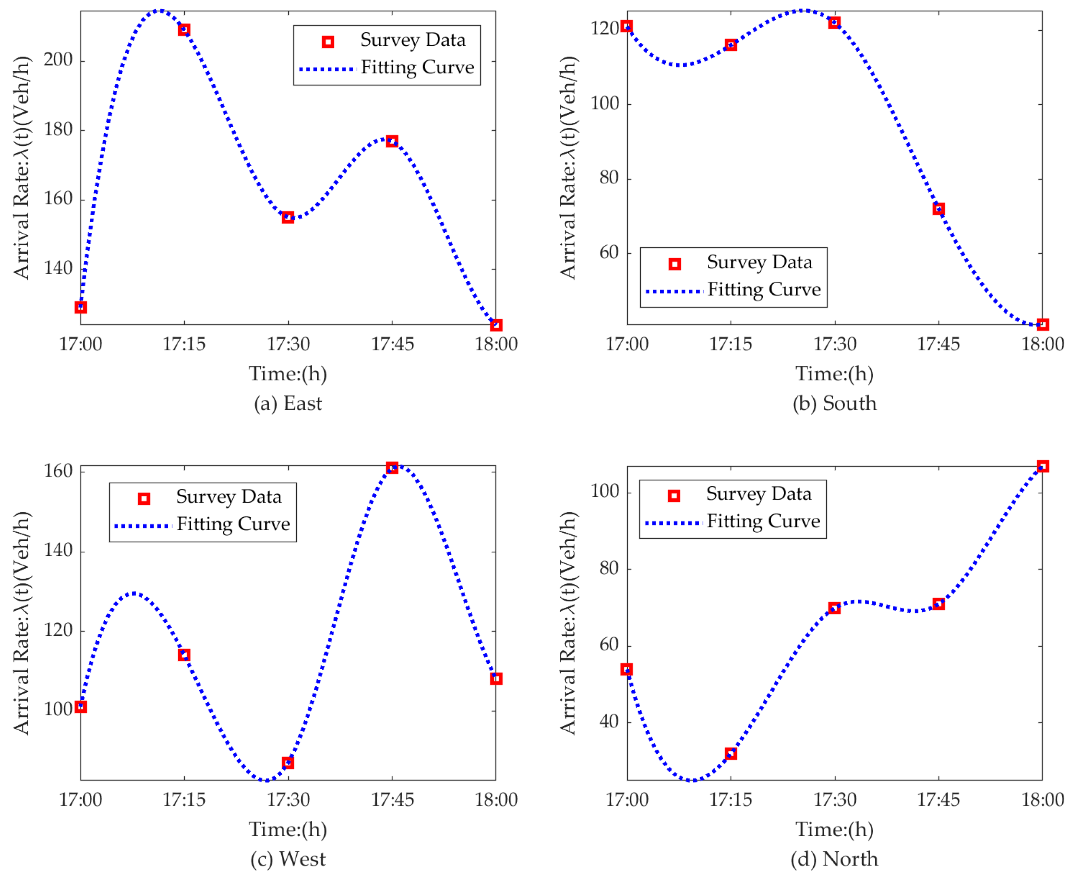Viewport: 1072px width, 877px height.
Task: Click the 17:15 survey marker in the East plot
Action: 184,30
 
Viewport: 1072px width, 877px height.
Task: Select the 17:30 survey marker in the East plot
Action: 288,218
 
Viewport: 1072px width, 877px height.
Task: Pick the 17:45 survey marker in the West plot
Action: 392,467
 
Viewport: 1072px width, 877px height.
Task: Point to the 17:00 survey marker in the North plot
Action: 627,670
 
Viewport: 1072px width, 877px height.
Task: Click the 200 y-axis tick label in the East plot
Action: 58,60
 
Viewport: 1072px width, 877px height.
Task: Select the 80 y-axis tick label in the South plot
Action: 609,178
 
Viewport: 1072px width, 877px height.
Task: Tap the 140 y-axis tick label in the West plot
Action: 58,550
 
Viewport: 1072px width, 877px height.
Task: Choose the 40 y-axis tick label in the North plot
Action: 609,721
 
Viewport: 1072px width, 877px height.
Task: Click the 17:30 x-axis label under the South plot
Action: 835,344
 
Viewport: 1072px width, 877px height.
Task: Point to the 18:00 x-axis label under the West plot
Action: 496,800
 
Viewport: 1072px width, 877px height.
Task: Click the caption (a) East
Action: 287,404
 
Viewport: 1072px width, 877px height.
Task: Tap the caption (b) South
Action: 835,404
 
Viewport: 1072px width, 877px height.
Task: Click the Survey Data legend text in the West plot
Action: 228,497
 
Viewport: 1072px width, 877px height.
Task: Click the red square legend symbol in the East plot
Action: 328,42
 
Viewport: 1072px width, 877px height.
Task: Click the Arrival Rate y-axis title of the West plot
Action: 21,622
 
